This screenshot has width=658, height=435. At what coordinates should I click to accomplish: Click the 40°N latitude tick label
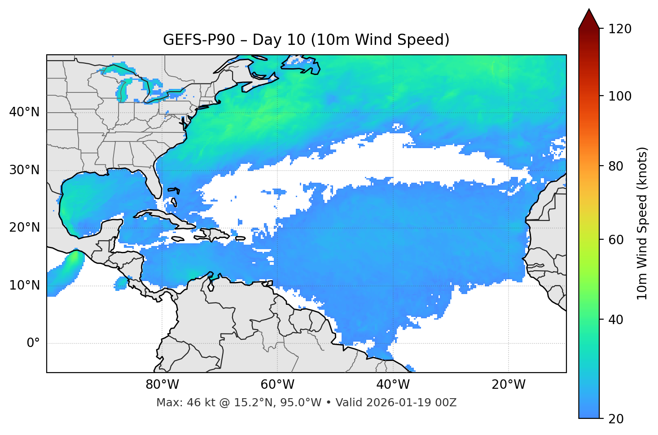click(24, 112)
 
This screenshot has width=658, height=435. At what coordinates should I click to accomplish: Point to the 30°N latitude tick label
click(24, 170)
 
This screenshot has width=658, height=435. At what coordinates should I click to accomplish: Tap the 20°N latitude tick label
click(24, 228)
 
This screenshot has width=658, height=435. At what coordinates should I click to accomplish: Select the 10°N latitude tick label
click(24, 286)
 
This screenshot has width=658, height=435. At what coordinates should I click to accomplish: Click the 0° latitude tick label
click(33, 343)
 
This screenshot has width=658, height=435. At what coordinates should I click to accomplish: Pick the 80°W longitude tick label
click(162, 385)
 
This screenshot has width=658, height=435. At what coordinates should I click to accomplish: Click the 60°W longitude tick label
click(277, 385)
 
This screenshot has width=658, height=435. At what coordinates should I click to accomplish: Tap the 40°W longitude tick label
click(393, 385)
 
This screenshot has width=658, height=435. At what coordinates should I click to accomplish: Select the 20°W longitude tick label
click(509, 385)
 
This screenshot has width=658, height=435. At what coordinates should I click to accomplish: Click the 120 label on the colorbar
click(620, 29)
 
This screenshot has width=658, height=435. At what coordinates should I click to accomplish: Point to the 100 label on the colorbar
click(620, 96)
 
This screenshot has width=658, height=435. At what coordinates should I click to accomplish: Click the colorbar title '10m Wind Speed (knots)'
click(642, 224)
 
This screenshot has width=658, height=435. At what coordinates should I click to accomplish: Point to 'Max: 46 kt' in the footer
click(180, 403)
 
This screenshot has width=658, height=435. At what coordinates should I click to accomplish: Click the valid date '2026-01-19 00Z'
click(412, 403)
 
